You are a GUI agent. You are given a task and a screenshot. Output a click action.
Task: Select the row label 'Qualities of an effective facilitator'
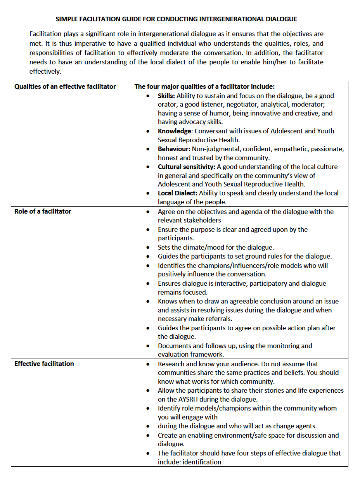click(65, 86)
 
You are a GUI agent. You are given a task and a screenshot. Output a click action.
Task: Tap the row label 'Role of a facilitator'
click(43, 211)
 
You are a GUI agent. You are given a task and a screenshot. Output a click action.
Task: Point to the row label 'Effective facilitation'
click(44, 364)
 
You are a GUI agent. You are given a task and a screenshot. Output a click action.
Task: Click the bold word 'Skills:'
click(166, 96)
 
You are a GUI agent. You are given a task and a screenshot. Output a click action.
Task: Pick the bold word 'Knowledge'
click(175, 131)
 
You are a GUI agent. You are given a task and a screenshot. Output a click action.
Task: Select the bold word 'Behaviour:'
click(174, 149)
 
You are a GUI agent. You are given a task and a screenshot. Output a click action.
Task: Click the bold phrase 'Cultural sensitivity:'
click(187, 167)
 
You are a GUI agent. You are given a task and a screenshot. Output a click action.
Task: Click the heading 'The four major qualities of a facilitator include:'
click(204, 86)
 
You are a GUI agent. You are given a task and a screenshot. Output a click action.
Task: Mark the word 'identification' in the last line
click(202, 462)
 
